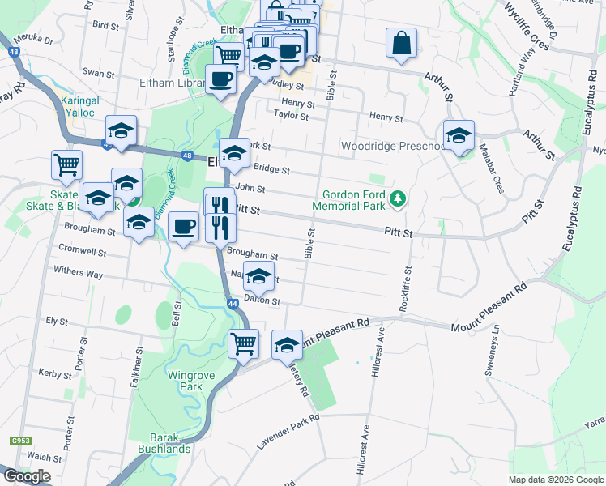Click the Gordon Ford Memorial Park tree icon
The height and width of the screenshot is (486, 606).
[397, 198]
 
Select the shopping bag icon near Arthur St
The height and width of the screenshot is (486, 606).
[401, 44]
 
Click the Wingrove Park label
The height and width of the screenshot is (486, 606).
[185, 381]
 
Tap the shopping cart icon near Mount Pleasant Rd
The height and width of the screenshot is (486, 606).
[243, 343]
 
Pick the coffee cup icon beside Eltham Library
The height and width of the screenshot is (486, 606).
[220, 79]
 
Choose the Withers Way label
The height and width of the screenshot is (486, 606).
[78, 273]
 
